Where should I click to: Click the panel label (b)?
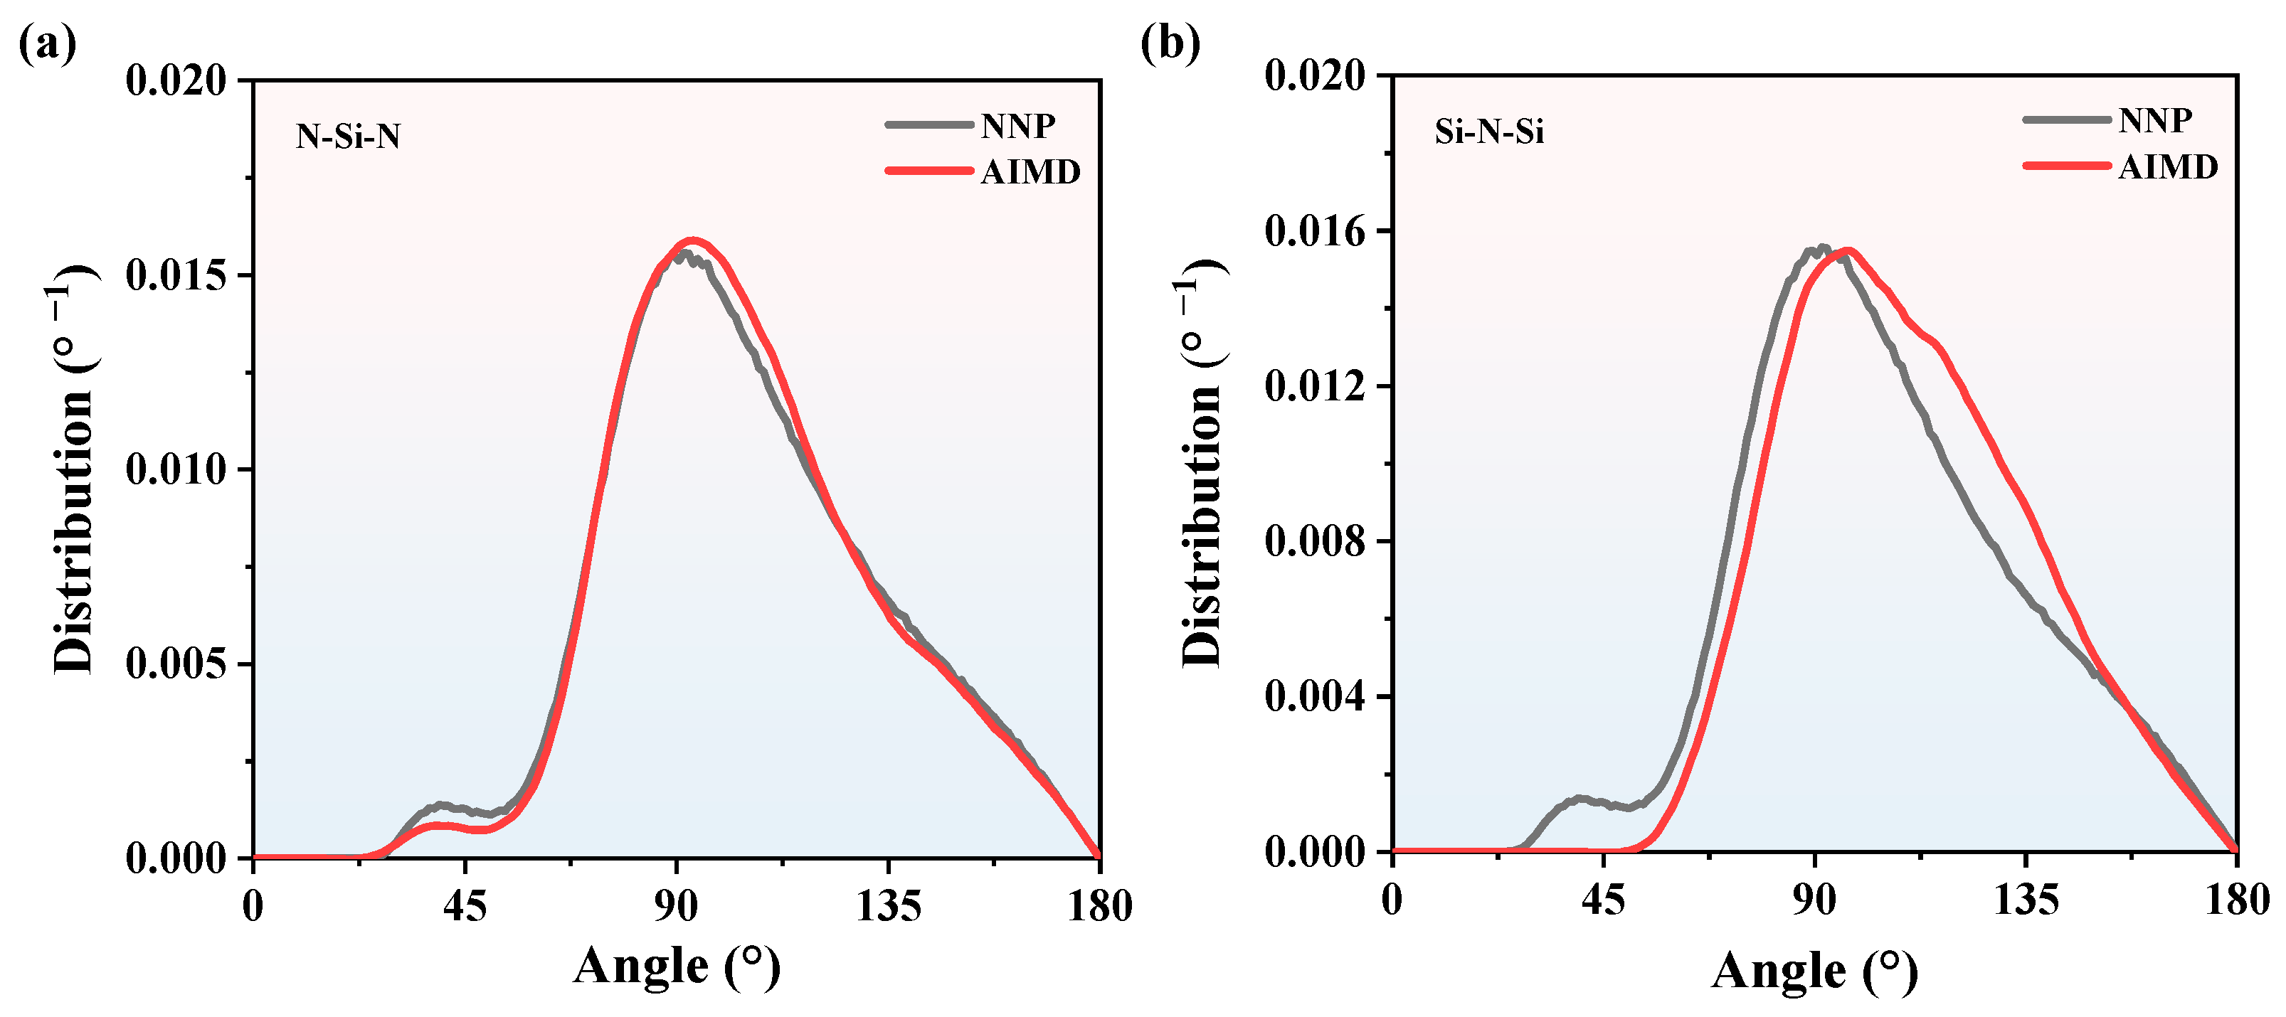click(1170, 43)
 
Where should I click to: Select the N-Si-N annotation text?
click(348, 137)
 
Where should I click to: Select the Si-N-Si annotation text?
click(1489, 132)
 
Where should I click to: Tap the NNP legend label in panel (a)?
click(1018, 126)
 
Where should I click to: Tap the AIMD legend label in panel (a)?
click(1030, 172)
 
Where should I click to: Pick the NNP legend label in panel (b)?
click(2156, 119)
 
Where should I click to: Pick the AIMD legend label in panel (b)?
click(2168, 167)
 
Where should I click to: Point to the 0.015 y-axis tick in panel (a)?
click(176, 275)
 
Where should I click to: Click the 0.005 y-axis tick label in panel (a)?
click(176, 664)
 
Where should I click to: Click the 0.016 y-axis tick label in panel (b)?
click(1315, 232)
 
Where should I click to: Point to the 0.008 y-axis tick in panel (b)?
click(1315, 541)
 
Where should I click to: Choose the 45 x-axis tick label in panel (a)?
click(465, 907)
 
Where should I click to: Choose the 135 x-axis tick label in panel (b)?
click(2026, 902)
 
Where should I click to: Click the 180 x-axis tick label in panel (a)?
click(1099, 907)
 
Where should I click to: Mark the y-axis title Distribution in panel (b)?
click(1202, 462)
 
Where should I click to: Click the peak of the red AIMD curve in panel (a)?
click(693, 240)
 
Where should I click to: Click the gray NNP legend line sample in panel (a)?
click(929, 125)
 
